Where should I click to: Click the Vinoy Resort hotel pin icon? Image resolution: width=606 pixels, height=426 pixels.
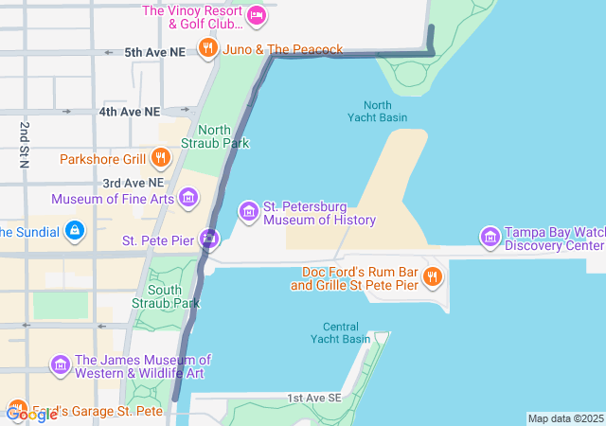[x=256, y=15]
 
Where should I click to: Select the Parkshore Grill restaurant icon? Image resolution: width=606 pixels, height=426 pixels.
[x=161, y=158]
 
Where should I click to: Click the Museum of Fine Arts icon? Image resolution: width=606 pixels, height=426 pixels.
[x=189, y=198]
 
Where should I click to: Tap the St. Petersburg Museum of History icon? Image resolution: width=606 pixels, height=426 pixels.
[x=249, y=211]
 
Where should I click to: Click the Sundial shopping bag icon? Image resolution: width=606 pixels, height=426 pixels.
[x=75, y=231]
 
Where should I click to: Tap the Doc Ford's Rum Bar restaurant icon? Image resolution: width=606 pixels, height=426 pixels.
[x=432, y=277]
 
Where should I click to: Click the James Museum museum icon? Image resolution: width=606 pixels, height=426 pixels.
[x=60, y=364]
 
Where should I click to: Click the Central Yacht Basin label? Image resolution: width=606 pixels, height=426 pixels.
[x=341, y=332]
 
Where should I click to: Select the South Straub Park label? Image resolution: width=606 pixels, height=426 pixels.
[x=173, y=296]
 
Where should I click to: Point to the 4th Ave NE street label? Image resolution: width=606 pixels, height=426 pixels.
[x=130, y=112]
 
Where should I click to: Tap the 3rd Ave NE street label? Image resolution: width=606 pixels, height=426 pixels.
[x=134, y=182]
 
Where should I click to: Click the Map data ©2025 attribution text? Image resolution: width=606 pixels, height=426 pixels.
[x=565, y=418]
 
